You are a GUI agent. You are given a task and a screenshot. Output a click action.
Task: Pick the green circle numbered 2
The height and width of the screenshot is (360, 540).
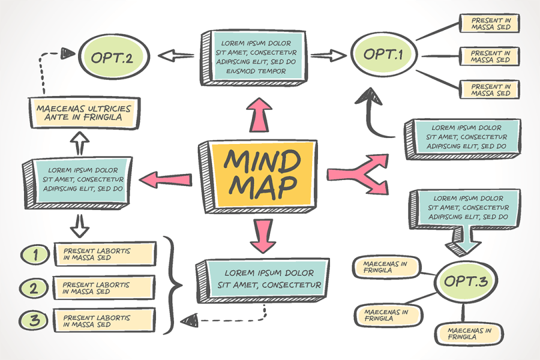(34, 287)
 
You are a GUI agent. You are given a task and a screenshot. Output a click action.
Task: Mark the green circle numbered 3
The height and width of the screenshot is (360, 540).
(34, 320)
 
